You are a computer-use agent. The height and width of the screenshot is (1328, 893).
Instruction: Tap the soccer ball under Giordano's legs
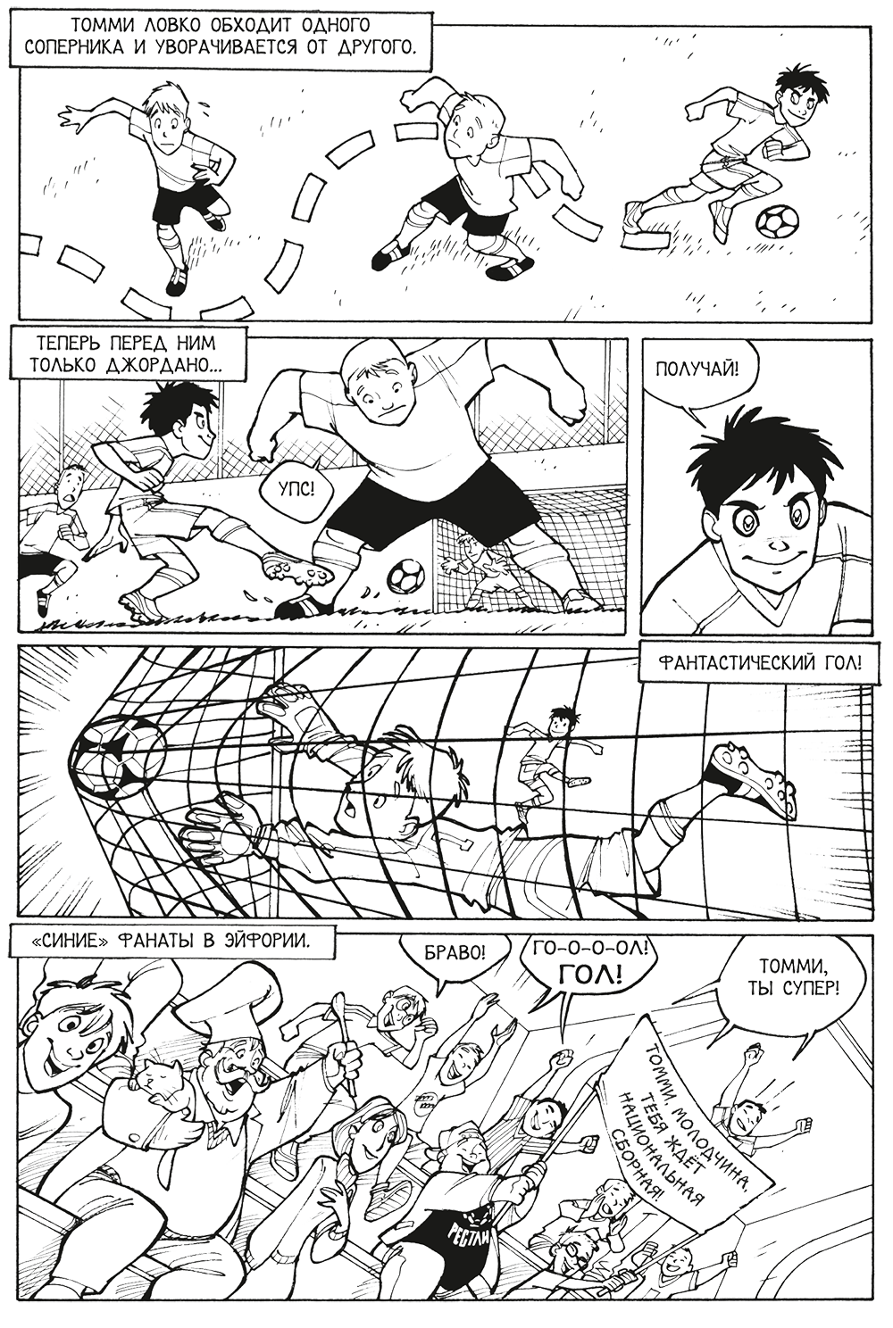[405, 575]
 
